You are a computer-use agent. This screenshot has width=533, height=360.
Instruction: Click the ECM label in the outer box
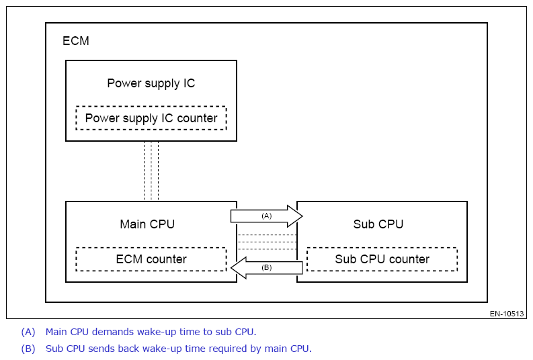pos(76,41)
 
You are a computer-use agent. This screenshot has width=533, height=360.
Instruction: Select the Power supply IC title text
pos(151,83)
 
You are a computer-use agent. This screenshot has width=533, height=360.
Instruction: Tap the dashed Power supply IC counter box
pos(151,118)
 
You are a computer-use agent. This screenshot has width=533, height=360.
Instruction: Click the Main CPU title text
pos(147,224)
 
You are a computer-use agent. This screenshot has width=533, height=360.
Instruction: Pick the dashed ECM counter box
pos(151,259)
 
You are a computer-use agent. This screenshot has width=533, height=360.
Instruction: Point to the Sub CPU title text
pos(378,224)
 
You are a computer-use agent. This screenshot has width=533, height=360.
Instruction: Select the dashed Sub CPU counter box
pos(382,259)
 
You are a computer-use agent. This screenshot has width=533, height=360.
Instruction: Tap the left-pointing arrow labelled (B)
pos(267,268)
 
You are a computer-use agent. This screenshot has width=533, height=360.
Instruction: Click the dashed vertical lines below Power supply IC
pos(151,171)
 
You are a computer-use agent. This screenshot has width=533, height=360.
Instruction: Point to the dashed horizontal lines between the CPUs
pos(267,242)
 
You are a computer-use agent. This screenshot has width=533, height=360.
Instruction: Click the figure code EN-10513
pos(507,314)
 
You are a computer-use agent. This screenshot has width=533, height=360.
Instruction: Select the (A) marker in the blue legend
pos(28,331)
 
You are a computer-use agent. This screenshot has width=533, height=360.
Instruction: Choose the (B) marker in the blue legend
pos(28,349)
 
